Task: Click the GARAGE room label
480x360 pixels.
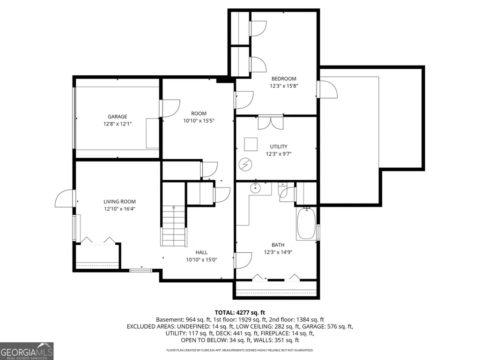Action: click(x=117, y=117)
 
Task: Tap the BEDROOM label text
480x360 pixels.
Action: click(x=284, y=79)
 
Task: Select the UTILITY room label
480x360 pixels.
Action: click(x=279, y=147)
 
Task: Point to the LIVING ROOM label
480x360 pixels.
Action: click(x=119, y=202)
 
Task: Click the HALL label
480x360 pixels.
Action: click(x=201, y=252)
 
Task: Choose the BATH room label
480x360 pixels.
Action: click(x=278, y=245)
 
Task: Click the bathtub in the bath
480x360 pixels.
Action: click(x=306, y=223)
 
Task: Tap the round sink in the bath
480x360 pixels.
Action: click(x=255, y=188)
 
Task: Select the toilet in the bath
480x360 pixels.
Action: click(x=284, y=191)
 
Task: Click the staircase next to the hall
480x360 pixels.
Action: click(x=174, y=226)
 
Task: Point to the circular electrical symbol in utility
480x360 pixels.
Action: click(x=245, y=164)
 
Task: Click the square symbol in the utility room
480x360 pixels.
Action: click(x=251, y=145)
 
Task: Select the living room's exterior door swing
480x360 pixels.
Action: click(x=65, y=198)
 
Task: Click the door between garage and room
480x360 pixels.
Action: click(x=169, y=108)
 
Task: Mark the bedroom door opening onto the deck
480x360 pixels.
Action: click(x=327, y=89)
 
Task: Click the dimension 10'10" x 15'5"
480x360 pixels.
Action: click(x=199, y=121)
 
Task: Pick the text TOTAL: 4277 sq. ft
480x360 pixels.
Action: click(x=240, y=313)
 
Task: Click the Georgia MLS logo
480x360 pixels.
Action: click(x=27, y=351)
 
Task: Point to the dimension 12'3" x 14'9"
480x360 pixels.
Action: click(x=278, y=252)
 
